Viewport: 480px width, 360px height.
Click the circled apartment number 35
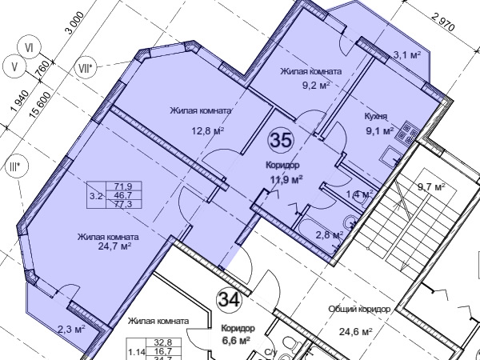(281, 141)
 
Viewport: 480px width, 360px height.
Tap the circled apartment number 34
(230, 300)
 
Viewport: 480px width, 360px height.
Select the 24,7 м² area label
(114, 246)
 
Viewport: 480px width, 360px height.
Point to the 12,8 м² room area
(208, 131)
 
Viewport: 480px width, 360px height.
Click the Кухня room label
(376, 117)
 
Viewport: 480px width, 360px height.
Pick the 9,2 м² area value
(316, 85)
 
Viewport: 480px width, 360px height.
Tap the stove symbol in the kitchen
(407, 132)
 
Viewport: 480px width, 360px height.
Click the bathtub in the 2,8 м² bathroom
(318, 237)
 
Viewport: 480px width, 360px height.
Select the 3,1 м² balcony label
(407, 55)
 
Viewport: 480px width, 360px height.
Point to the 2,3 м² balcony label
(71, 330)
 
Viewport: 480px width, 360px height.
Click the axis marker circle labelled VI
(30, 48)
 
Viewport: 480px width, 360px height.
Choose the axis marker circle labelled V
(14, 66)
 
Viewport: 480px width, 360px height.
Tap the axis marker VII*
(86, 68)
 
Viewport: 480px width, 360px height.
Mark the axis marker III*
(17, 166)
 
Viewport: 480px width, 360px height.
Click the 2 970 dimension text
(443, 22)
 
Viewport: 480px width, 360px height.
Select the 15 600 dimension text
(40, 105)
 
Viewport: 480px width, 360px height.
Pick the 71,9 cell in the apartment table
(123, 186)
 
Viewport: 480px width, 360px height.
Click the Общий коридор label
(359, 309)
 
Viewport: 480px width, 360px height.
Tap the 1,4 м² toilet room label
(359, 194)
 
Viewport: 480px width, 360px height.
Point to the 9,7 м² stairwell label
(431, 186)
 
